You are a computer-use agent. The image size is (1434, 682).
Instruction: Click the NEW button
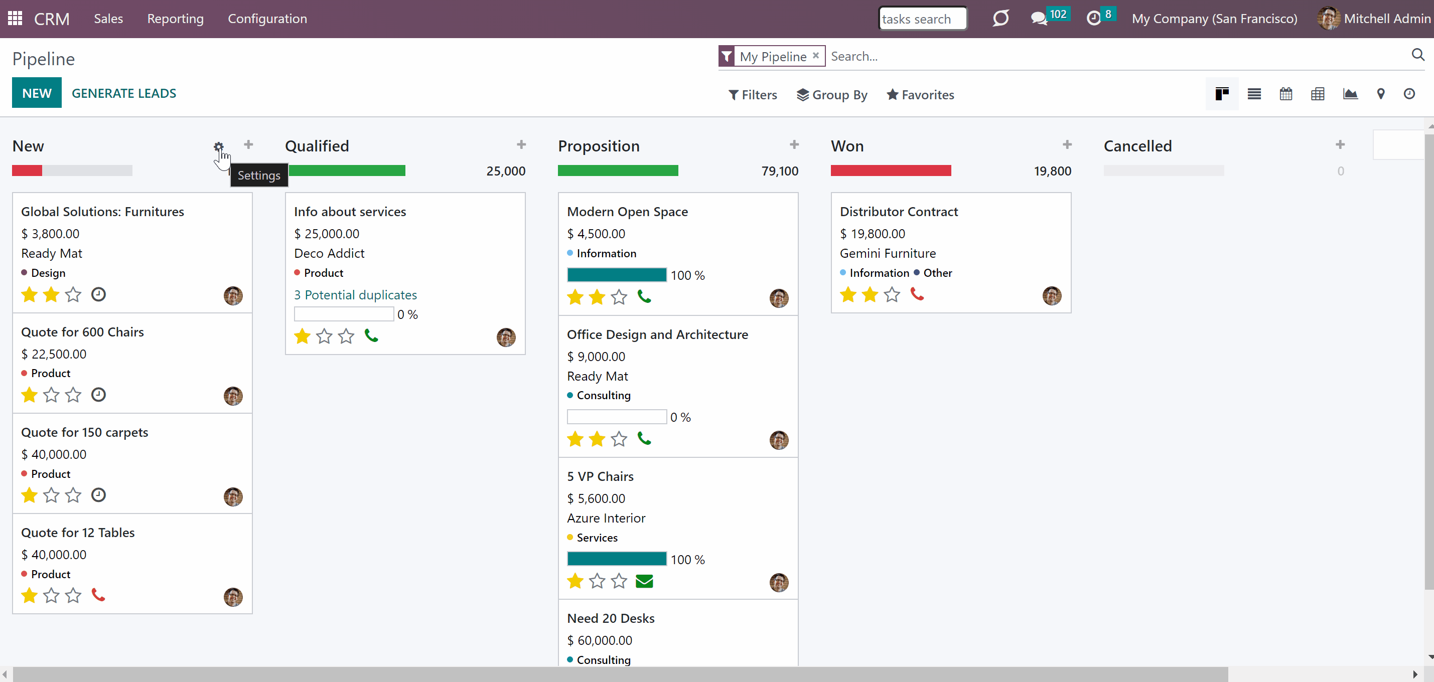tap(37, 93)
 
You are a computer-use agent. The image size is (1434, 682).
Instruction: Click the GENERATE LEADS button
tap(123, 93)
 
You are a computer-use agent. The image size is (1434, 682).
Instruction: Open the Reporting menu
tap(175, 19)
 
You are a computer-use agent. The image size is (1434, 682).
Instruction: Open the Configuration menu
tap(267, 19)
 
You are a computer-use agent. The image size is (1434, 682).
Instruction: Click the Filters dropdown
tap(753, 95)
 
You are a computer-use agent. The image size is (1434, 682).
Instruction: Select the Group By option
tap(832, 95)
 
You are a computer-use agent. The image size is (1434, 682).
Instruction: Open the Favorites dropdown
tap(920, 95)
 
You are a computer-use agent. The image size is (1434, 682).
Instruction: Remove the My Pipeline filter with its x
tap(815, 56)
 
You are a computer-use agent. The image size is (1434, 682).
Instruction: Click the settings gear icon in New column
tap(218, 147)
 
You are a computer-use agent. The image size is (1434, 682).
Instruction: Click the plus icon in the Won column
tap(1067, 144)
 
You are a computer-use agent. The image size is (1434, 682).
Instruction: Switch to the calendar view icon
tap(1286, 93)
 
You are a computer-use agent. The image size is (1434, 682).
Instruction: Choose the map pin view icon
tap(1380, 93)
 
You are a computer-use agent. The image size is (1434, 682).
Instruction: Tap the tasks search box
tap(922, 19)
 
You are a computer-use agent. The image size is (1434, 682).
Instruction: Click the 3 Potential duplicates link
tap(355, 295)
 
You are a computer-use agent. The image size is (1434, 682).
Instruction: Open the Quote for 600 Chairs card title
tap(82, 332)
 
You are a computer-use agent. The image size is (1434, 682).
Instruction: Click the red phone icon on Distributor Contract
tap(917, 294)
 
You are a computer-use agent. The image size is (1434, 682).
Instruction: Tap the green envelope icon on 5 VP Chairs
tap(644, 581)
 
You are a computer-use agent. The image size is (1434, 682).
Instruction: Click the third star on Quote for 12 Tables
tap(73, 596)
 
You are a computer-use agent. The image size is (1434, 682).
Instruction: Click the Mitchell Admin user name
tap(1387, 19)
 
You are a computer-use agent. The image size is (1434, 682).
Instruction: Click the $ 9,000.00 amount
tap(596, 357)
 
